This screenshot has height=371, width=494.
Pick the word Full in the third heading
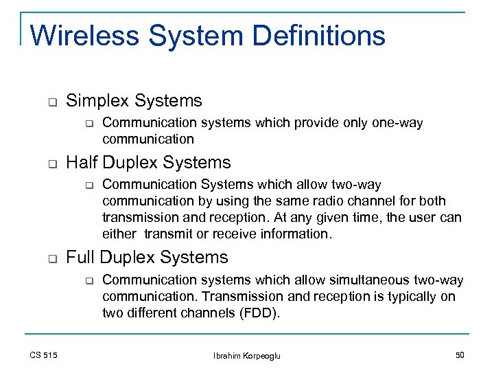click(x=80, y=258)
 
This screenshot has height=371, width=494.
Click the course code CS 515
click(x=44, y=355)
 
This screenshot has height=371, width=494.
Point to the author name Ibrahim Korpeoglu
click(x=247, y=355)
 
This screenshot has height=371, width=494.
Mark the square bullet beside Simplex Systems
click(x=51, y=102)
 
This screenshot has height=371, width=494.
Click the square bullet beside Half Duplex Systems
click(x=51, y=164)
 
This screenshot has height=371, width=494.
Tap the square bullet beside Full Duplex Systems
click(x=51, y=259)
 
